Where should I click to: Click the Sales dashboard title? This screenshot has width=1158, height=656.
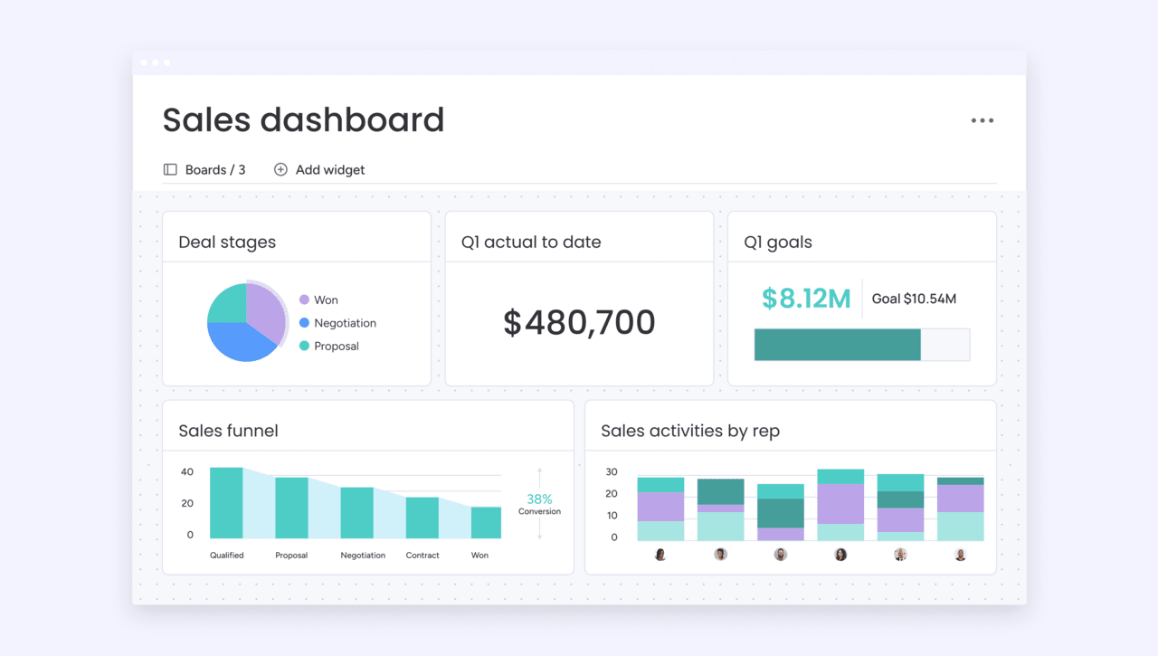point(303,120)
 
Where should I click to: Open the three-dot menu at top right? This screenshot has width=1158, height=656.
point(982,120)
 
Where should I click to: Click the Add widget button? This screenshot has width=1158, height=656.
point(319,170)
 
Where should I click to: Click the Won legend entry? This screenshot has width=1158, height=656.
point(325,299)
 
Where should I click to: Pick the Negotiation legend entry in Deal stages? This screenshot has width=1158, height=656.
point(344,323)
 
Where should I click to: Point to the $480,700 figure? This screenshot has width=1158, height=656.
point(579,322)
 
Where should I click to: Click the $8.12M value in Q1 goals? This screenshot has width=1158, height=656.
point(805,299)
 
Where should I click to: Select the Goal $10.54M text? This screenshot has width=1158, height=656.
point(914,299)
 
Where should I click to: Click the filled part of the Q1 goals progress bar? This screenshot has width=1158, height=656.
point(837,345)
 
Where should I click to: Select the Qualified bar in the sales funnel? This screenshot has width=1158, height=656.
point(226,503)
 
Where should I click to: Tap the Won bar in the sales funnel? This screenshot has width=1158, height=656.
point(486,522)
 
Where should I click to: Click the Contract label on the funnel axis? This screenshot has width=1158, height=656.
point(422,556)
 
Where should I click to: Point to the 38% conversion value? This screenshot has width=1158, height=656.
point(539,499)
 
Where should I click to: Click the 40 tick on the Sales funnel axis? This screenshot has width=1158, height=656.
point(187,472)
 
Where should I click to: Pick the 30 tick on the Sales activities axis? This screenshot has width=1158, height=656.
point(612,472)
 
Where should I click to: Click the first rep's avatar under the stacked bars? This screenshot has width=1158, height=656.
point(660,555)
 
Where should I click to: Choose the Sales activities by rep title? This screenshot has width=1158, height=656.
point(689,431)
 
